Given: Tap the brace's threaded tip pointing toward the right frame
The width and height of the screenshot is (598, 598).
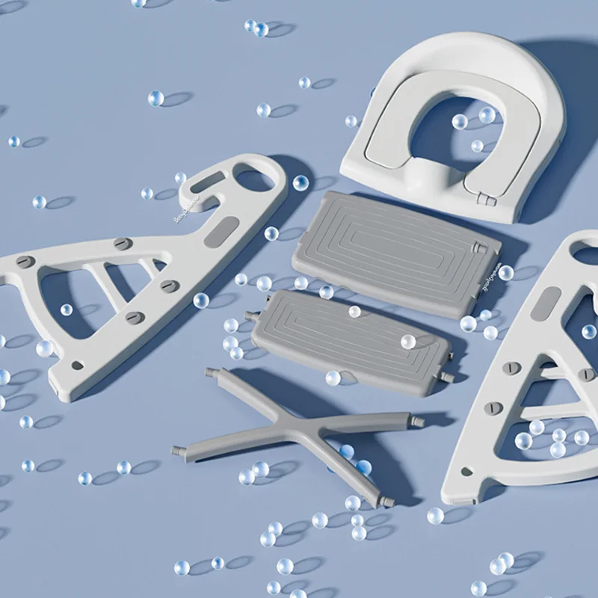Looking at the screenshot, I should point(419,422).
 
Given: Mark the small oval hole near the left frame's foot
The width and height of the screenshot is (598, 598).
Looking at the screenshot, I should point(77,366).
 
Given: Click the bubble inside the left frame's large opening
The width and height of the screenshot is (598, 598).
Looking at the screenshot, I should point(67,309).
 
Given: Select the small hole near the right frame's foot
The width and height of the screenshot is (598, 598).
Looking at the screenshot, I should point(467,472).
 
